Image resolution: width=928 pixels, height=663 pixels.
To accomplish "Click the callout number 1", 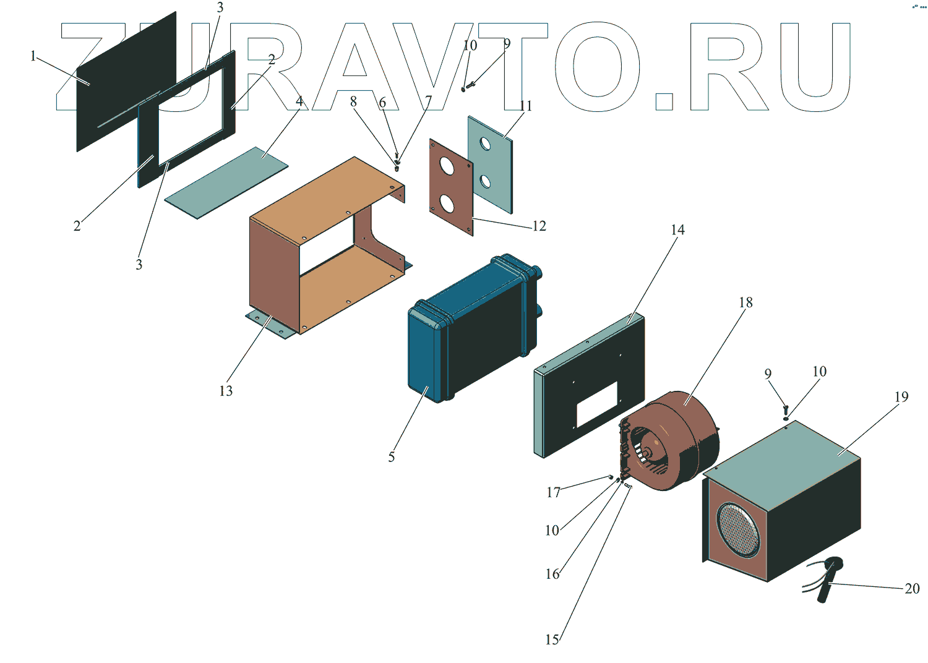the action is [33, 56].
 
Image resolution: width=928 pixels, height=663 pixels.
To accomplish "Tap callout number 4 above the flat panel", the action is [299, 101].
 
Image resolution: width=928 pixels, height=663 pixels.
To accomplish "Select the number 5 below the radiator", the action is [391, 457].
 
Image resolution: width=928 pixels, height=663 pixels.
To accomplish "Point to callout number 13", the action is [226, 391].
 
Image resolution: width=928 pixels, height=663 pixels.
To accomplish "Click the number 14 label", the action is [677, 230].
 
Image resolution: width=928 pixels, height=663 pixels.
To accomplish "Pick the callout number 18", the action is [745, 302].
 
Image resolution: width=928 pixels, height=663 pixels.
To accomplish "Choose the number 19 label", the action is [901, 397].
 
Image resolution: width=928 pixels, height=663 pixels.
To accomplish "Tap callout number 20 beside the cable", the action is [912, 589].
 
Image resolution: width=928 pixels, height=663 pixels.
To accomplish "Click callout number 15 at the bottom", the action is [552, 639].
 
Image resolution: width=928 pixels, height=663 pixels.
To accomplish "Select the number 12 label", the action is [539, 226].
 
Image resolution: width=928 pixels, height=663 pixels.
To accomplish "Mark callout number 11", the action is [526, 106].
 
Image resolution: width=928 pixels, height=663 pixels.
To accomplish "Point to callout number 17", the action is [553, 492].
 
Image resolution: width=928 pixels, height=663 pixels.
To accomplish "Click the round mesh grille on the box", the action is [738, 529].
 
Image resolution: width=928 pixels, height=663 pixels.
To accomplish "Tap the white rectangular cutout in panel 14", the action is [597, 404].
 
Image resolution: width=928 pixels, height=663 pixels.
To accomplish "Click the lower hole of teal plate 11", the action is [485, 182].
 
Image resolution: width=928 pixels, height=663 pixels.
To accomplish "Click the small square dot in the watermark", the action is [664, 101].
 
